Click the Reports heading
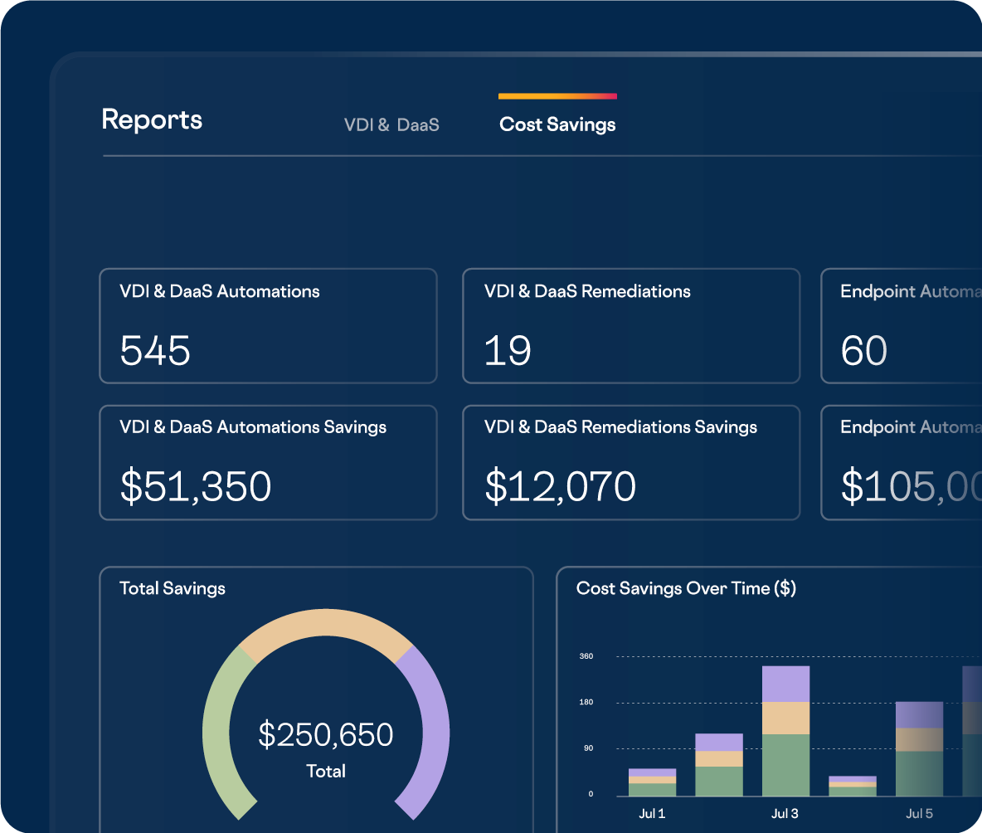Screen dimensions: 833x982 [152, 119]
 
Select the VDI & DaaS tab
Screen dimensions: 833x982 [391, 125]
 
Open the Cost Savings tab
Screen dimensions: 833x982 [557, 124]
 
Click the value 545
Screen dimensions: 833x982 [155, 350]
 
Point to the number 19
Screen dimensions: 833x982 [507, 350]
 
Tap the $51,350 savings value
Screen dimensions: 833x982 [196, 486]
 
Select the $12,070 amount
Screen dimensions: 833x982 [560, 486]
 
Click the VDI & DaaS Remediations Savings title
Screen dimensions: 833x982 [620, 427]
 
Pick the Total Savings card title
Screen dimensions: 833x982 [173, 588]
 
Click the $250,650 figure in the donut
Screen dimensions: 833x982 [326, 734]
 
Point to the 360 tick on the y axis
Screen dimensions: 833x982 [586, 656]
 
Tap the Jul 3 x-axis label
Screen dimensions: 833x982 [785, 813]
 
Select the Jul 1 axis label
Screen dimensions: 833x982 [652, 813]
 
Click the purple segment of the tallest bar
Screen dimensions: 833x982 [785, 684]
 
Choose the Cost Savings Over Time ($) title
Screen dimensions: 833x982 [686, 588]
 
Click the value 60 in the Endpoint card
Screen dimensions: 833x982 [863, 350]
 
